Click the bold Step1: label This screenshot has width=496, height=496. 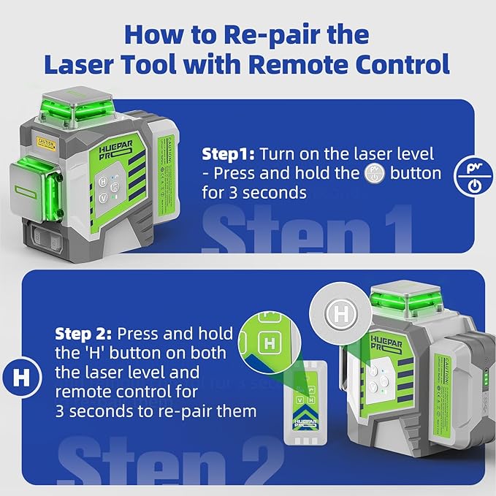click(x=228, y=154)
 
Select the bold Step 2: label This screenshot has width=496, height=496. click(x=83, y=334)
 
